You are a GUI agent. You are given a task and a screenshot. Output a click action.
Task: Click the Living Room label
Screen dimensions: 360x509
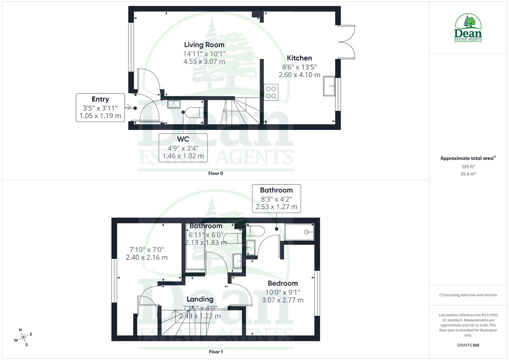(x=204, y=45)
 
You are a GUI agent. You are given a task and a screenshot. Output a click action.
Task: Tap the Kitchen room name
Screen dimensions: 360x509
(x=299, y=58)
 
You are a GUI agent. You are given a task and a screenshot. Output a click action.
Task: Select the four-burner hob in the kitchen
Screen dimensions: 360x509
(x=271, y=92)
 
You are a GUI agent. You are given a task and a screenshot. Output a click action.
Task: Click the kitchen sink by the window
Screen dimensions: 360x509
(x=329, y=86)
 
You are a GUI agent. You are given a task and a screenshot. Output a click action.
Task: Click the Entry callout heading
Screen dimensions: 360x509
(x=100, y=99)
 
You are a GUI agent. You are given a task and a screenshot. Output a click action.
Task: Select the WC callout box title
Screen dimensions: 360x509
(x=183, y=139)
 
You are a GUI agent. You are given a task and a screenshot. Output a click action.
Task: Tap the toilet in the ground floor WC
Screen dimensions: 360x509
(x=193, y=112)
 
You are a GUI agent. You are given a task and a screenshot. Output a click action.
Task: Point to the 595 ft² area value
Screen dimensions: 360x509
(x=468, y=167)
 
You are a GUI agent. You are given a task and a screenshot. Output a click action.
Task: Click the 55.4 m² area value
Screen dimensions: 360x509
(x=468, y=174)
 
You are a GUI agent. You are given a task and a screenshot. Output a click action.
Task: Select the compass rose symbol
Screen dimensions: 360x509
(x=23, y=337)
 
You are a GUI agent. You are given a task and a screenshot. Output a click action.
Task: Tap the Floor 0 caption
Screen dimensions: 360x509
(x=216, y=173)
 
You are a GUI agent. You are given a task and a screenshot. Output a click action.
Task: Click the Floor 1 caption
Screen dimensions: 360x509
(x=216, y=352)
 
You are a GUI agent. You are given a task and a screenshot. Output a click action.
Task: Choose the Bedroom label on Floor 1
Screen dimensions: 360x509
(x=283, y=283)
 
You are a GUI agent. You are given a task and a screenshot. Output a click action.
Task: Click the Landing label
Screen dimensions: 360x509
(x=200, y=299)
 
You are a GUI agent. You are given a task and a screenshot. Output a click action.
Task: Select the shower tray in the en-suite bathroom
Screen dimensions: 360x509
(x=299, y=232)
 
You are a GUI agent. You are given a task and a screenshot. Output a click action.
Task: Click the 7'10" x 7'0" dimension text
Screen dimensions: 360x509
(x=147, y=249)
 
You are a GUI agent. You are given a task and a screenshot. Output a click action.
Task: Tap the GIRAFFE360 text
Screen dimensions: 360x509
(x=468, y=345)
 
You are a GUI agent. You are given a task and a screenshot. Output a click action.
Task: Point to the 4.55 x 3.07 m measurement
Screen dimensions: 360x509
(x=204, y=62)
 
